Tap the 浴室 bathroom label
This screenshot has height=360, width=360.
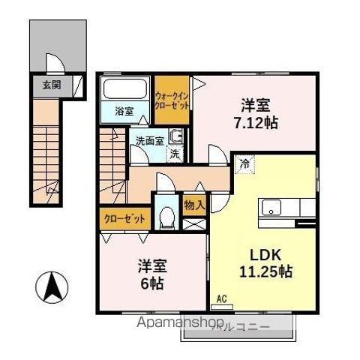[124, 112]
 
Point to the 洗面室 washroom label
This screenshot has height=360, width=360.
[148, 139]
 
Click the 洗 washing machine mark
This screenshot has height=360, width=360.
[174, 154]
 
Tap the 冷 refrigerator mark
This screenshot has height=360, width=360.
[244, 162]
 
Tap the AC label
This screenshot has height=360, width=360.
[221, 299]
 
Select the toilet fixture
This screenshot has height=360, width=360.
[166, 217]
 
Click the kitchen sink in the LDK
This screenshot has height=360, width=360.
[269, 208]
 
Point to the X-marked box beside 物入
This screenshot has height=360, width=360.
[193, 222]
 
